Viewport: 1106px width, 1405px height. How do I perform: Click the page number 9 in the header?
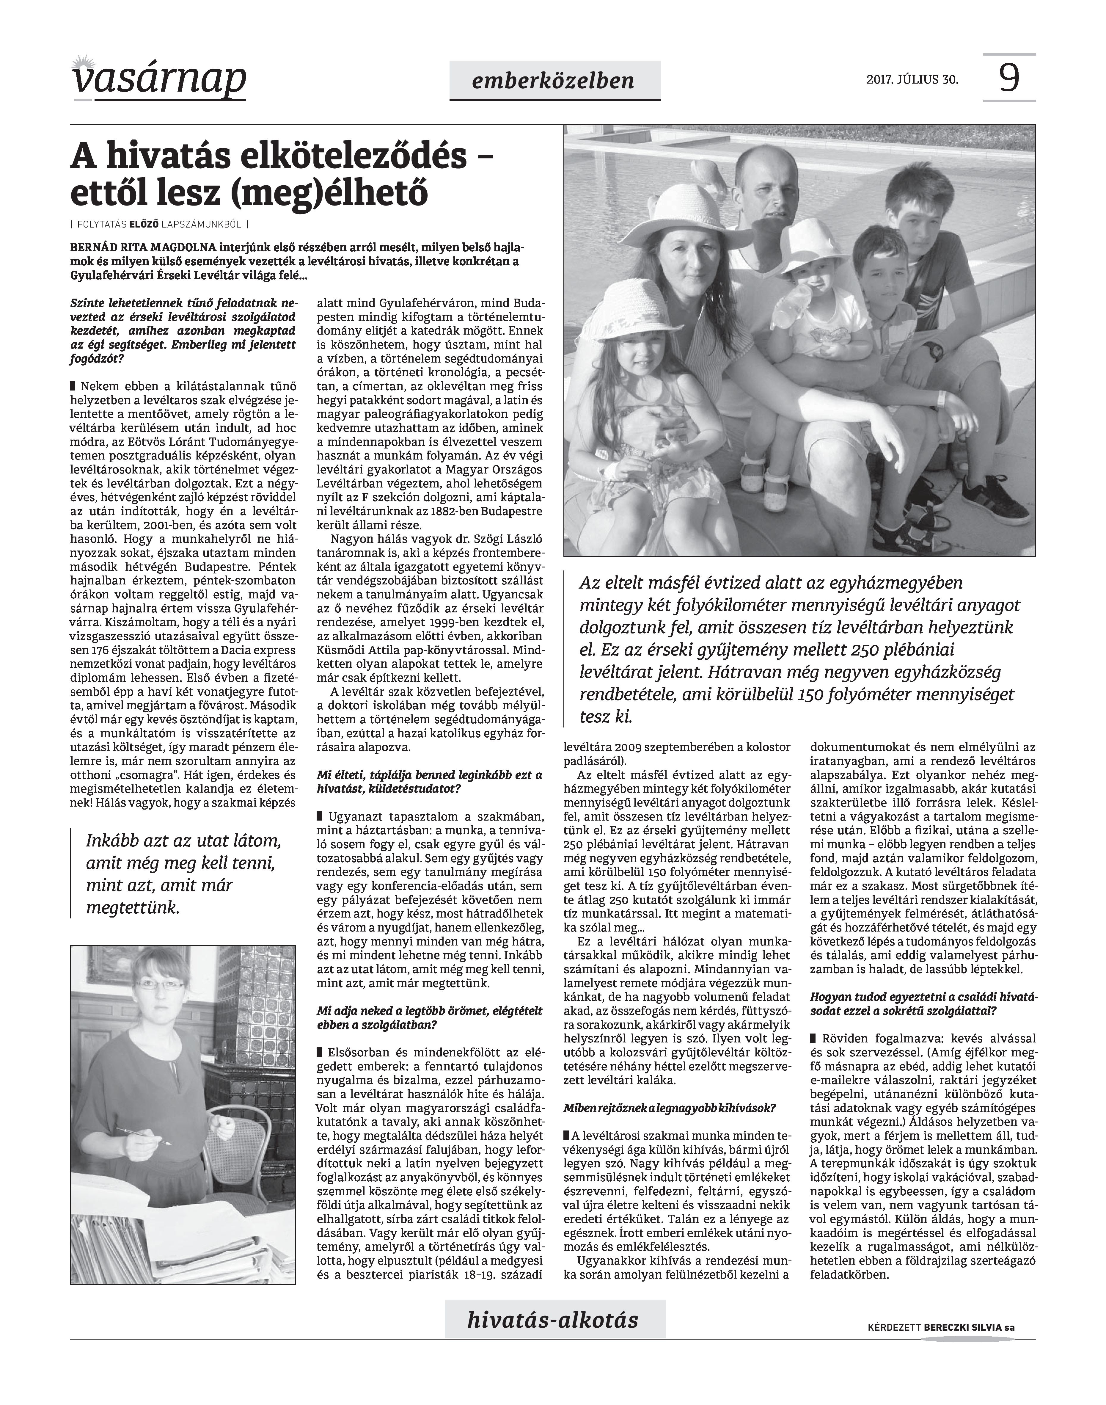point(1009,79)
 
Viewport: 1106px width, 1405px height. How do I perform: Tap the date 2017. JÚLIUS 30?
point(912,80)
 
